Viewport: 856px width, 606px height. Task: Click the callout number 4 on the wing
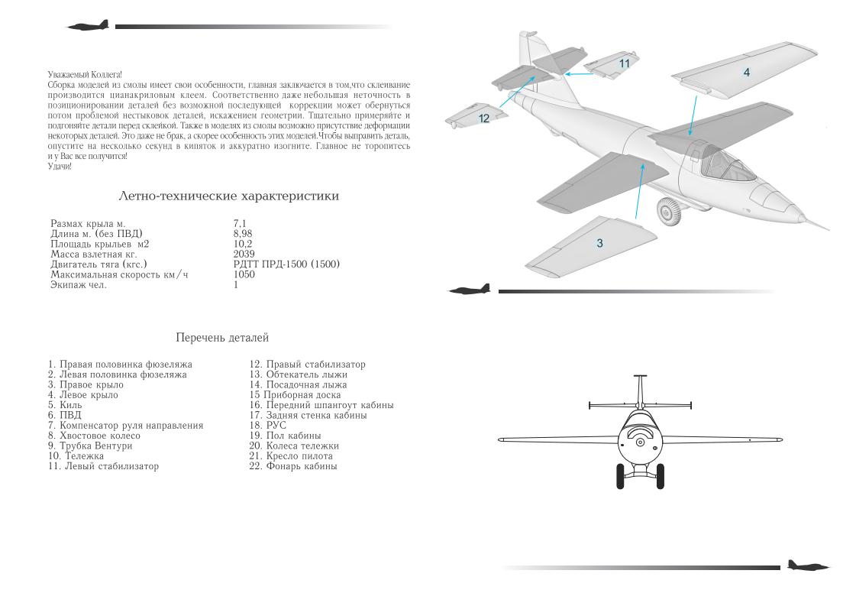[x=746, y=73]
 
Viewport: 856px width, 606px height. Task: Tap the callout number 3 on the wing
[x=600, y=243]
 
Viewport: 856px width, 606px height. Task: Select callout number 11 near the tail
[x=625, y=63]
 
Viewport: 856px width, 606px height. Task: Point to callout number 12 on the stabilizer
[x=484, y=118]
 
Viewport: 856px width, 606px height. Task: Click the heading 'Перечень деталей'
[x=222, y=337]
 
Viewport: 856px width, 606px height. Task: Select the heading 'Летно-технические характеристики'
[x=228, y=196]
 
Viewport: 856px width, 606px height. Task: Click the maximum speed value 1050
[x=244, y=274]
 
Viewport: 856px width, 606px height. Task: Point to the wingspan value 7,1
[x=240, y=223]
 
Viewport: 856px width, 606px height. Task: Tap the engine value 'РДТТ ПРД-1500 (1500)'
[x=286, y=264]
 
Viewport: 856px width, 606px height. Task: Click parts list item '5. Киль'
[x=65, y=405]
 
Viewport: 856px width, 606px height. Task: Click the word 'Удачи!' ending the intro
[x=59, y=166]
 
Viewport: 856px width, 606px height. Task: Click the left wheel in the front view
[x=619, y=475]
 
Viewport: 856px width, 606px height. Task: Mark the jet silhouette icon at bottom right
[x=808, y=566]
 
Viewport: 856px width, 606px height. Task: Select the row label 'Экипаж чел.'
[x=79, y=285]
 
